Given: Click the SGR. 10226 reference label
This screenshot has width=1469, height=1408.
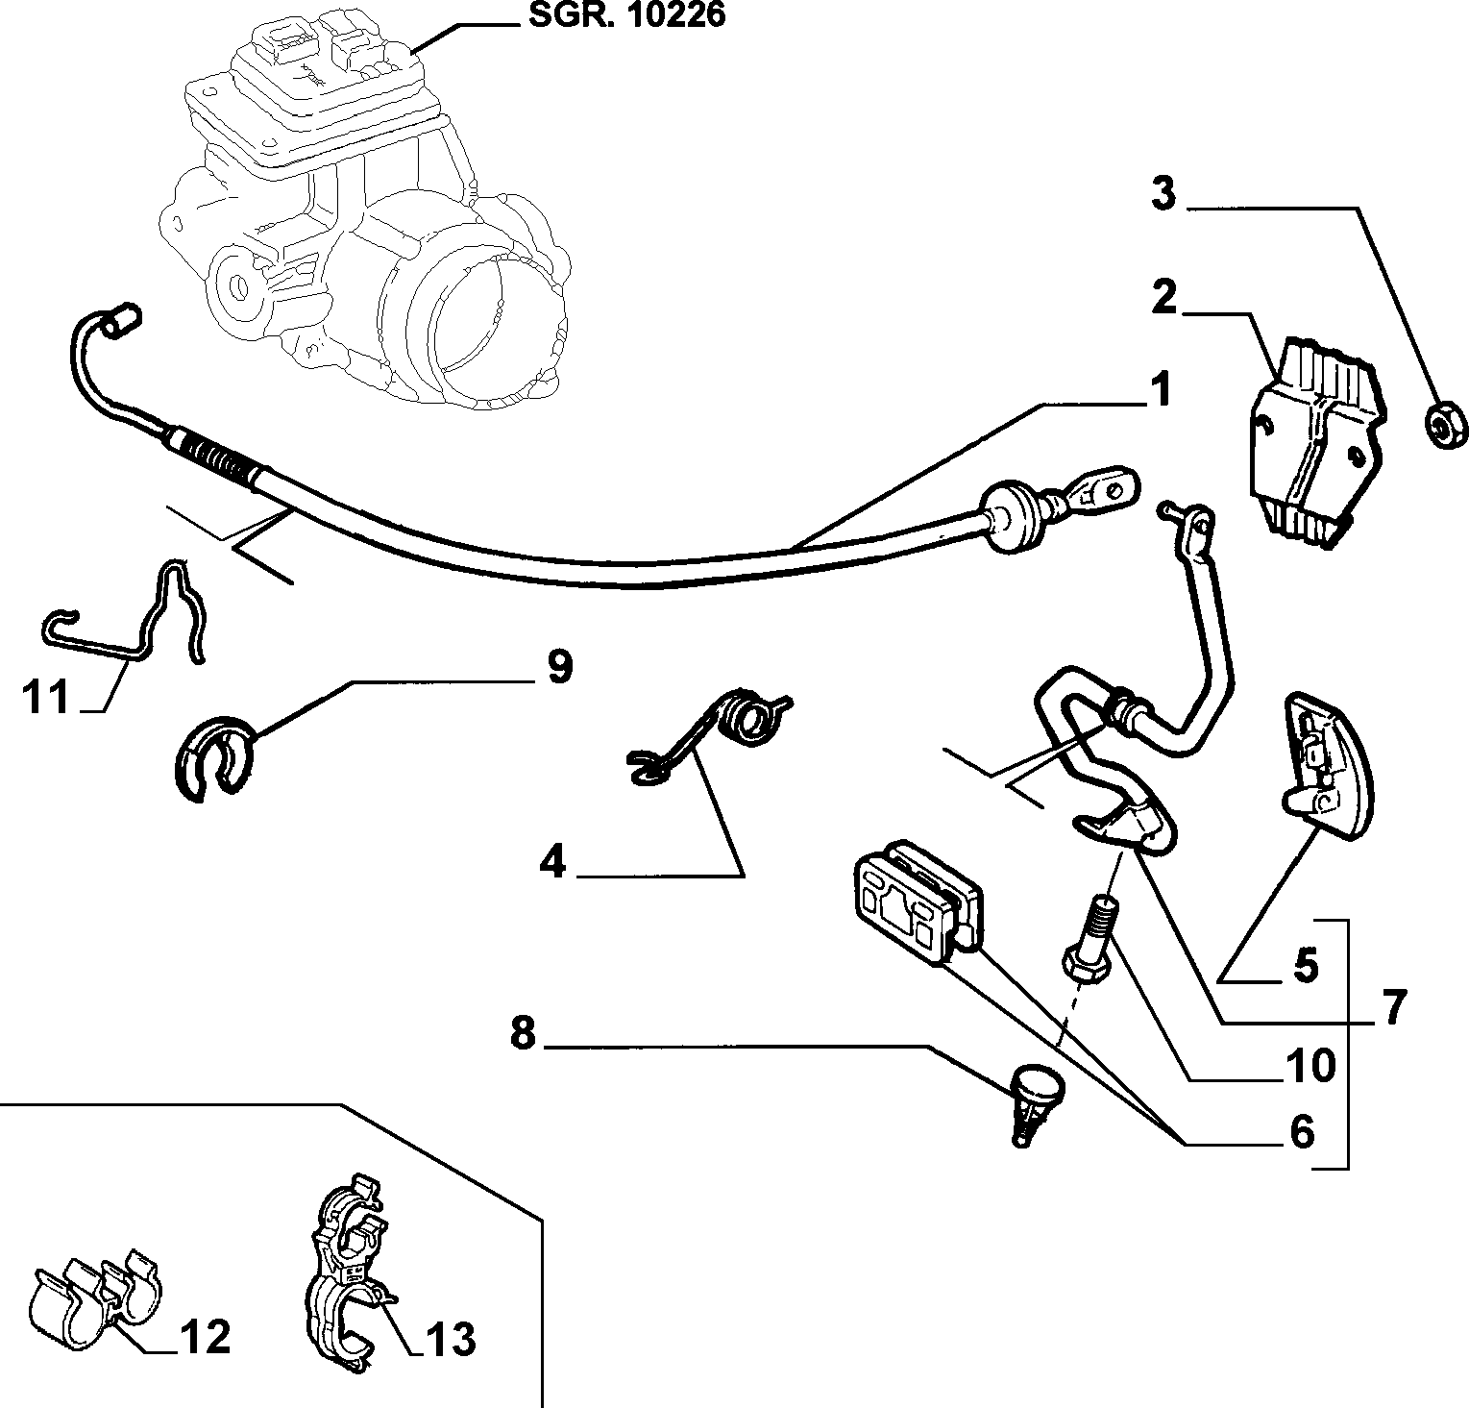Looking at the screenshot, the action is click(626, 16).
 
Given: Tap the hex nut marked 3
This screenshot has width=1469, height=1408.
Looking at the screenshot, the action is click(1441, 423).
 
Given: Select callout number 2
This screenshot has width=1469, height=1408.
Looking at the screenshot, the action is click(1163, 298).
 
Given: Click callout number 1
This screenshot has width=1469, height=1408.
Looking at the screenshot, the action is click(1161, 392).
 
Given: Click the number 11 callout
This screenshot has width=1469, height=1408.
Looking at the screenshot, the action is click(47, 697).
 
